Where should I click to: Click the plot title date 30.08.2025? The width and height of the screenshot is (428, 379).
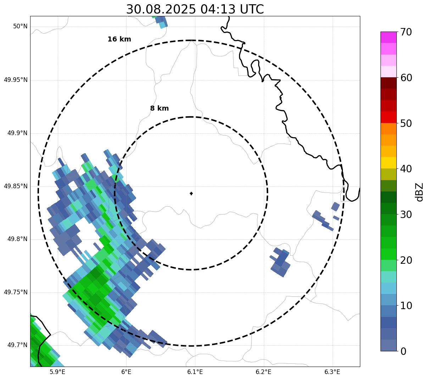click(161, 9)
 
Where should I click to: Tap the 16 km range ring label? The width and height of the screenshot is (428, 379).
click(119, 39)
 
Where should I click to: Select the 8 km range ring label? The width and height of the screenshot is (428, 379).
click(159, 108)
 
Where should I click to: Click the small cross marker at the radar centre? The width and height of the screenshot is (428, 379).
click(191, 193)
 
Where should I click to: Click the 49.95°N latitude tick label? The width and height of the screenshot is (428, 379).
click(16, 80)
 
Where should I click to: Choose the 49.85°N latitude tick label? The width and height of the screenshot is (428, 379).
click(16, 186)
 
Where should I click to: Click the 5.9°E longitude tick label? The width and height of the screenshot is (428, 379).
click(58, 372)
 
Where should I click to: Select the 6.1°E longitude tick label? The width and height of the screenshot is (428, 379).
click(195, 372)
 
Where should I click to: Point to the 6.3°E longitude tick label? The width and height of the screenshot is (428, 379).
click(332, 372)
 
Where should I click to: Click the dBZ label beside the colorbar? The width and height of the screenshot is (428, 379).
click(419, 192)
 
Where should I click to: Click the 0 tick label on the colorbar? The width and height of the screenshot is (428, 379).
click(404, 351)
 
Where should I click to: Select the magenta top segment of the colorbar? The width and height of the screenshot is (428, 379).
click(388, 37)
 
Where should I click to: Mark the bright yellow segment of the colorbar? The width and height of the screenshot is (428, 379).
click(388, 163)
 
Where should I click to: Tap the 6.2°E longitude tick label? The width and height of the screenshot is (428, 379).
click(263, 372)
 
